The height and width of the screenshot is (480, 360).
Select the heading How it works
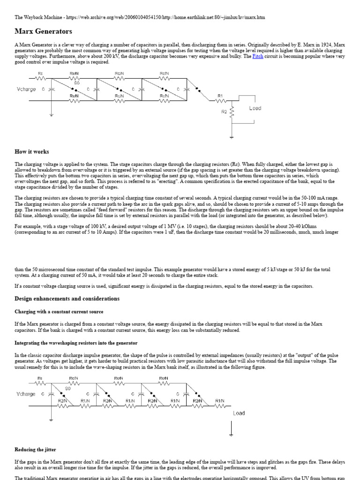[x=32, y=152]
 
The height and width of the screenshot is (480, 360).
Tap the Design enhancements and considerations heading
[x=67, y=299]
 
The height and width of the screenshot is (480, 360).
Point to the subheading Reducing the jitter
[x=36, y=450]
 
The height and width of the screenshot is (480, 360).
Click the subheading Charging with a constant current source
[x=59, y=312]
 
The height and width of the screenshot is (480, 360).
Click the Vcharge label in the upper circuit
[x=26, y=89]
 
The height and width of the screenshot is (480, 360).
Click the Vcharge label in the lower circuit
[x=26, y=394]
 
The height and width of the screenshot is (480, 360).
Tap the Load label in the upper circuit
[x=255, y=108]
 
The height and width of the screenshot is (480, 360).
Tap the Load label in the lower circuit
[x=239, y=413]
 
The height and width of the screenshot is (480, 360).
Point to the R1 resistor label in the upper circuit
[x=220, y=95]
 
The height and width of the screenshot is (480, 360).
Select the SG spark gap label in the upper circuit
[x=77, y=82]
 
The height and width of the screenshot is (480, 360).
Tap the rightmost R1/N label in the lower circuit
[x=220, y=401]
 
